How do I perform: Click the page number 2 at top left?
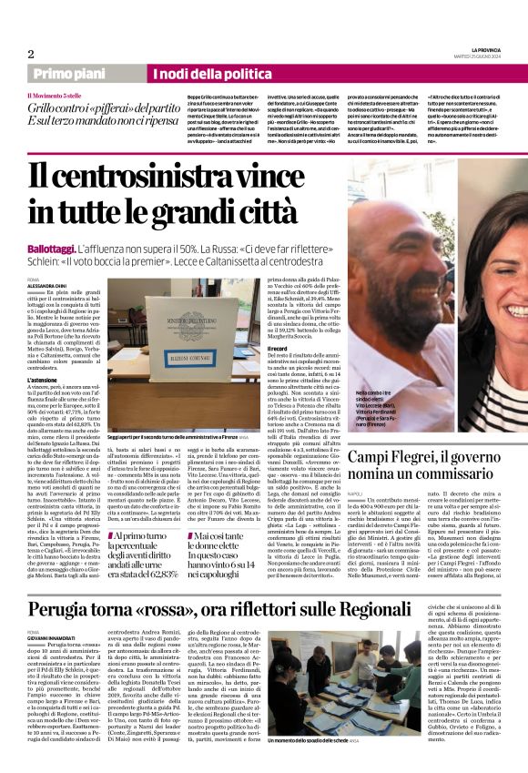30,54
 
